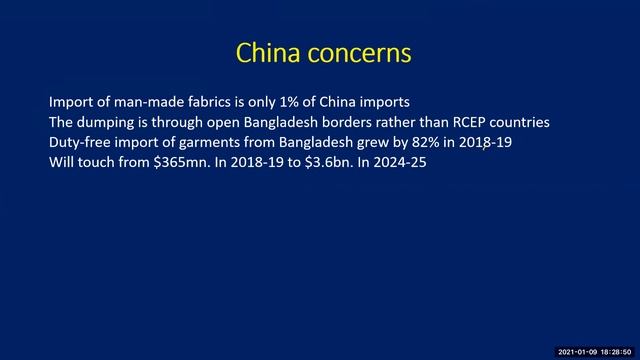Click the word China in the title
pyautogui.click(x=264, y=52)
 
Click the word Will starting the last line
pyautogui.click(x=62, y=161)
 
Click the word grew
pyautogui.click(x=376, y=142)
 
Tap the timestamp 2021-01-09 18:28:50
pyautogui.click(x=594, y=353)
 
